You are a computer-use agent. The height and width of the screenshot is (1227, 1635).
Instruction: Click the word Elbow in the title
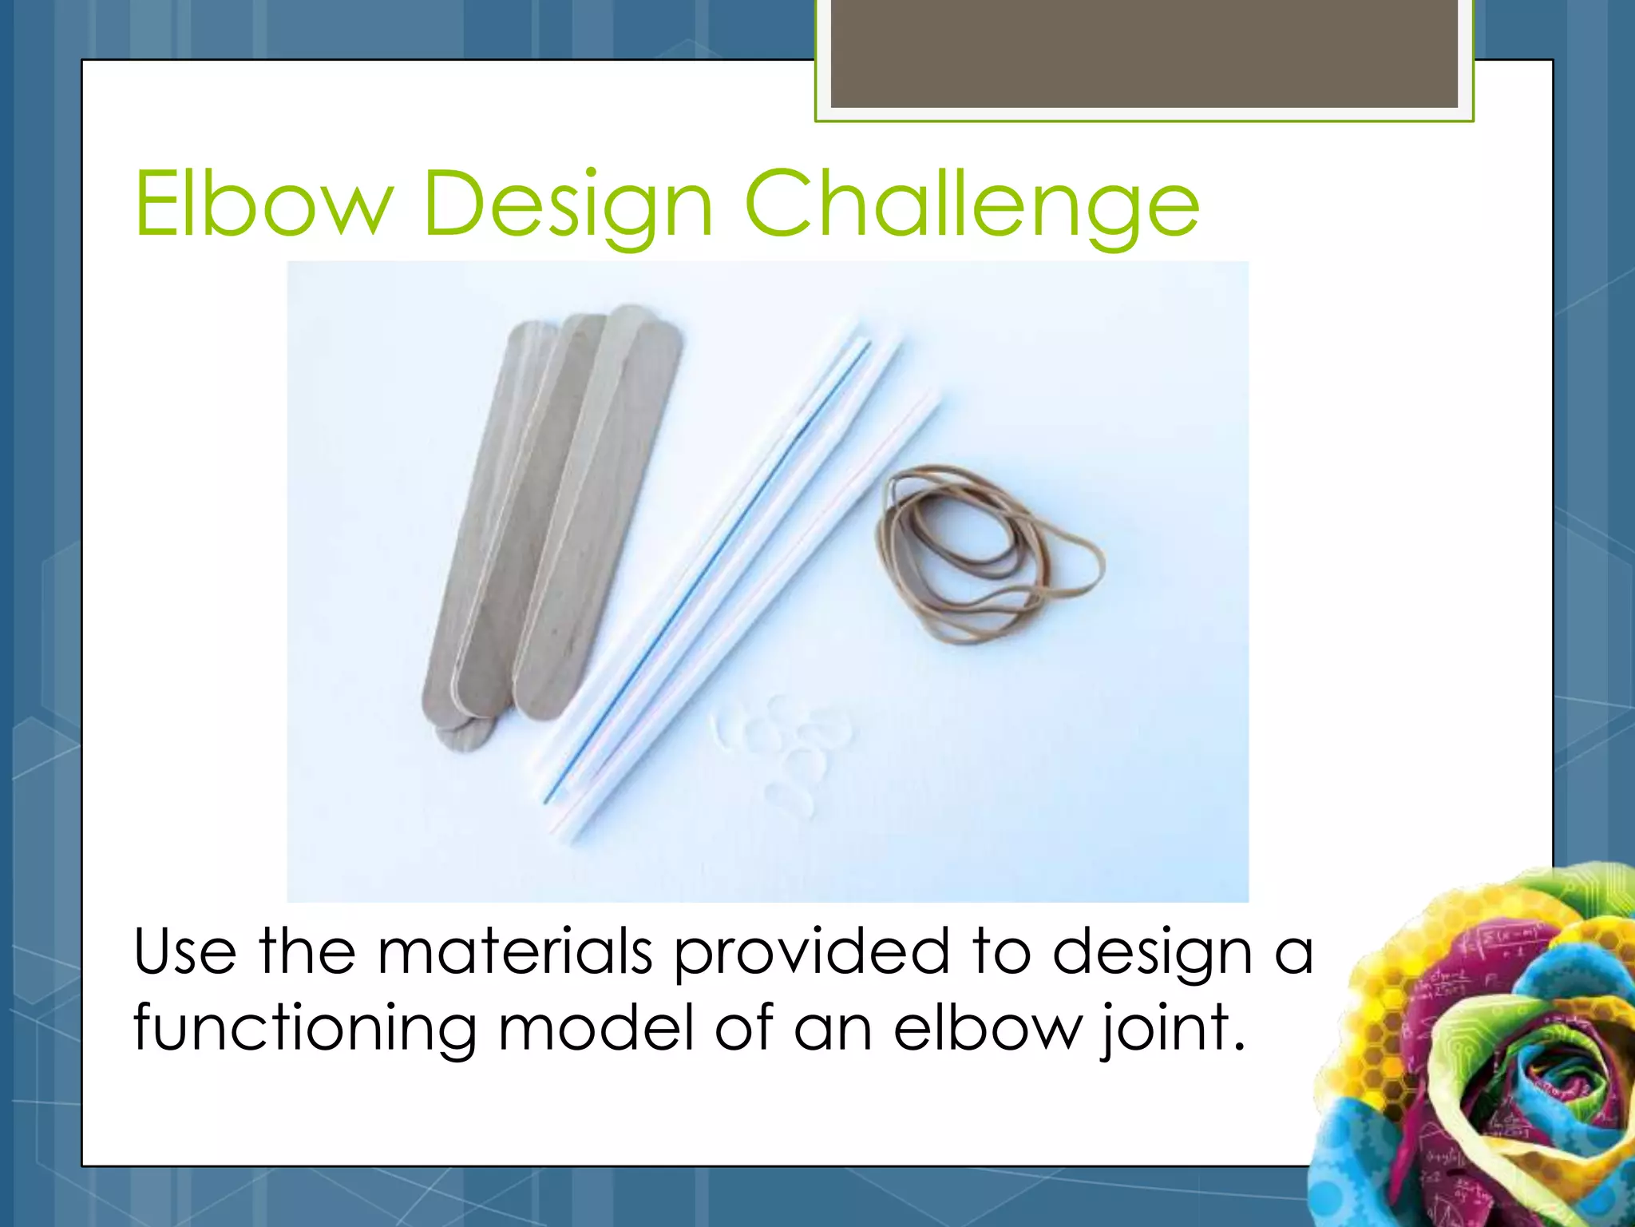[x=263, y=204]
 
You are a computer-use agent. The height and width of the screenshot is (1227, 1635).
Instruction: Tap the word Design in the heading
[x=568, y=206]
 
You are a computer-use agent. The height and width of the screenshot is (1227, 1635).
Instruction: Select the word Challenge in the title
[x=972, y=206]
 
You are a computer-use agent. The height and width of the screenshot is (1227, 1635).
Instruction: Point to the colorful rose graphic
[x=1485, y=1054]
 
